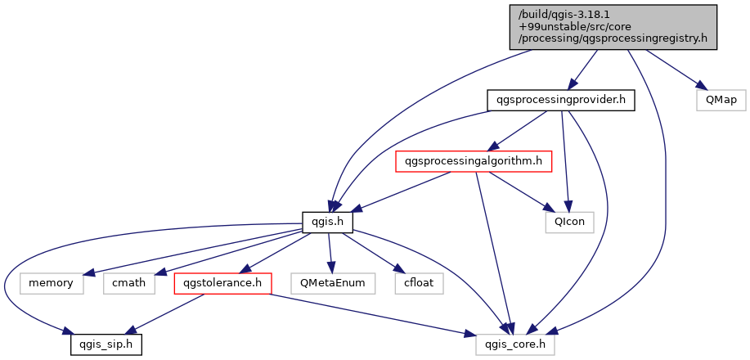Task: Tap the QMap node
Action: (721, 101)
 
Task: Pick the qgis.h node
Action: (327, 223)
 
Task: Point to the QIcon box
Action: (569, 223)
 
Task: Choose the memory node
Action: (52, 284)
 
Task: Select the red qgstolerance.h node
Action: (222, 284)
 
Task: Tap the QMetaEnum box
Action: (332, 284)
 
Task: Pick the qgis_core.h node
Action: (516, 345)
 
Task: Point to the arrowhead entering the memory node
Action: (88, 274)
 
